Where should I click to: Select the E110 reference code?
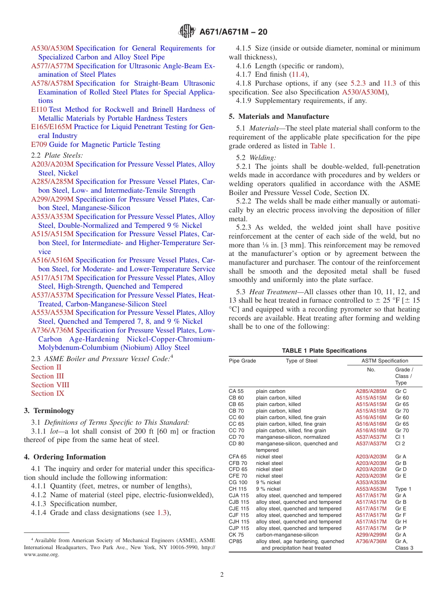39,109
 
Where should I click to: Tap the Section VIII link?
50,385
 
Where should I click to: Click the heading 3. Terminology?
49,411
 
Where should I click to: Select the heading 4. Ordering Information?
65,457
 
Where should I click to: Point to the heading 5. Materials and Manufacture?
279,116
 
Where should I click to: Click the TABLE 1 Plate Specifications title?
324,350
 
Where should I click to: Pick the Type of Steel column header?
301,361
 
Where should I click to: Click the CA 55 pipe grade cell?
236,391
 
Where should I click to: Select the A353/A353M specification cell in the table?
371,482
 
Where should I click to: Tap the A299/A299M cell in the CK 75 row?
371,535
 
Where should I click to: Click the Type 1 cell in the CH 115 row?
403,489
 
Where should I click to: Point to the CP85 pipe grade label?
236,541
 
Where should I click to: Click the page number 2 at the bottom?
222,575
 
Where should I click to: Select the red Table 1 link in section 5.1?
322,145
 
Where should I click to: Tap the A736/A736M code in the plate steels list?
52,330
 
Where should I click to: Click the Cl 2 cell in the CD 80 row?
400,443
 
